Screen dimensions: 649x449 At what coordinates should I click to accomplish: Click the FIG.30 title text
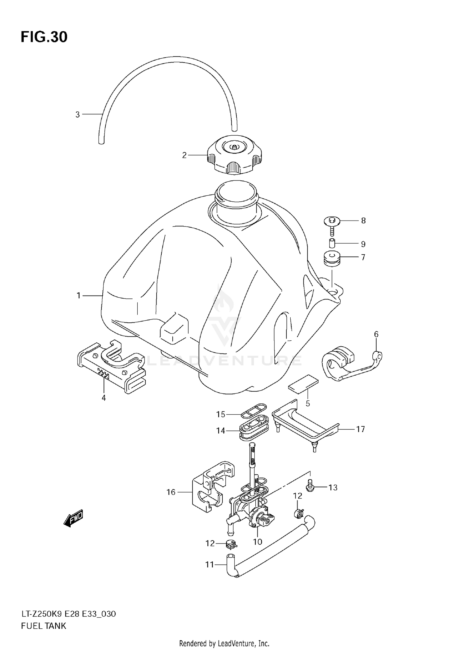click(x=44, y=37)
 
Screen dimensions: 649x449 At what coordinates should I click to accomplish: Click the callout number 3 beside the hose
click(x=78, y=114)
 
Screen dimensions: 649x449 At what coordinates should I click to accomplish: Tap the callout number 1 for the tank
click(x=78, y=296)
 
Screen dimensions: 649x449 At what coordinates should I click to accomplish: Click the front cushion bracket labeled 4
click(x=111, y=368)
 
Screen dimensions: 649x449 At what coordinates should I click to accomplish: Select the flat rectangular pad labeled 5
click(x=303, y=383)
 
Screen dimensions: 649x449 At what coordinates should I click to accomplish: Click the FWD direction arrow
click(x=73, y=520)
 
